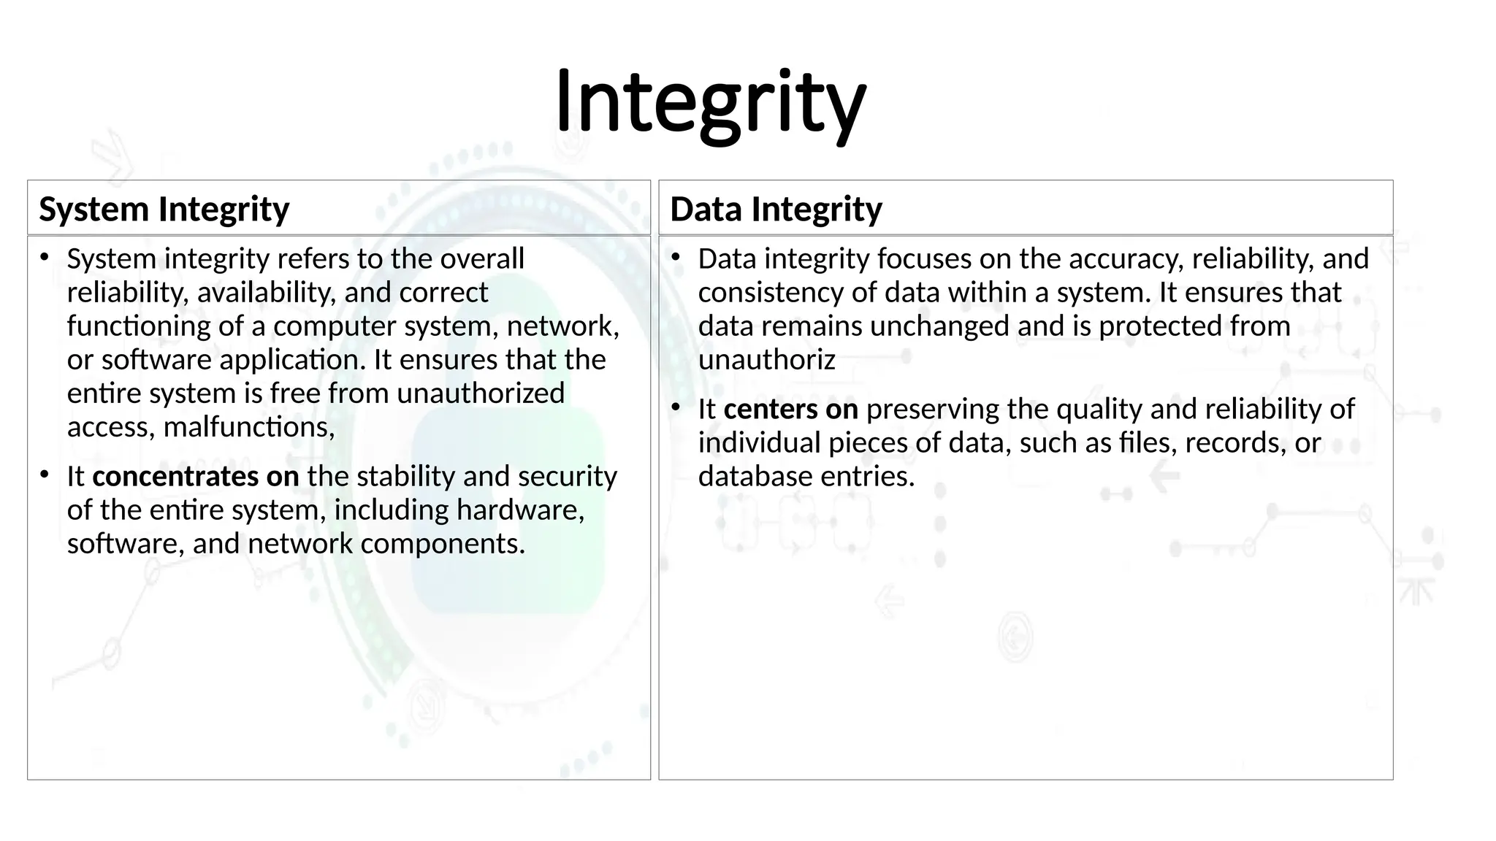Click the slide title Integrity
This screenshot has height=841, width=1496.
point(710,102)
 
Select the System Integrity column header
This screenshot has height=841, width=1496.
point(164,209)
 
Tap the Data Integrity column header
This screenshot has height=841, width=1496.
point(776,209)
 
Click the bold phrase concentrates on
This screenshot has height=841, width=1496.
point(195,476)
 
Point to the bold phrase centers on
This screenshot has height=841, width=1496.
point(790,409)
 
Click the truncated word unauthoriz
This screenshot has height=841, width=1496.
point(766,360)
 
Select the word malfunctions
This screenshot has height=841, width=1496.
point(248,427)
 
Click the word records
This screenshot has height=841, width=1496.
point(1235,443)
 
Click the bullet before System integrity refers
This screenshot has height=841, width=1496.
point(45,256)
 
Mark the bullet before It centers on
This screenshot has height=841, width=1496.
point(676,407)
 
